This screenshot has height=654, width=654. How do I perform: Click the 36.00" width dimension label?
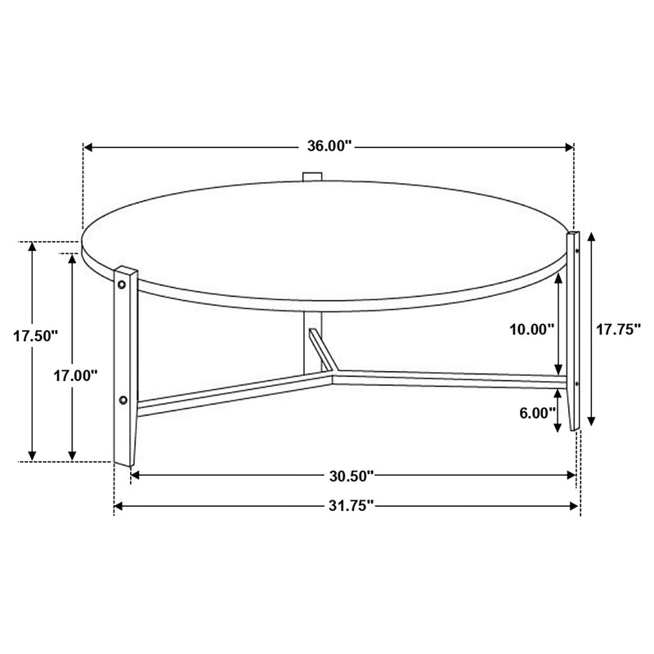click(329, 147)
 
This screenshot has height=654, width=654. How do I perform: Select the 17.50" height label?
click(37, 335)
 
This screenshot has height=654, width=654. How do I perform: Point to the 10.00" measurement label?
click(531, 329)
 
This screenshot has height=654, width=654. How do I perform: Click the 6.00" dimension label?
click(537, 413)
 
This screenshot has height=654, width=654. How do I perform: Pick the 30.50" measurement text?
click(352, 475)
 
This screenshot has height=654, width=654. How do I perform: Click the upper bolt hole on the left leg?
click(123, 284)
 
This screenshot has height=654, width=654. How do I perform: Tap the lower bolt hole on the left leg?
click(123, 400)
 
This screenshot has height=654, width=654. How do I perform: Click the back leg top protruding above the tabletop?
click(312, 177)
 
